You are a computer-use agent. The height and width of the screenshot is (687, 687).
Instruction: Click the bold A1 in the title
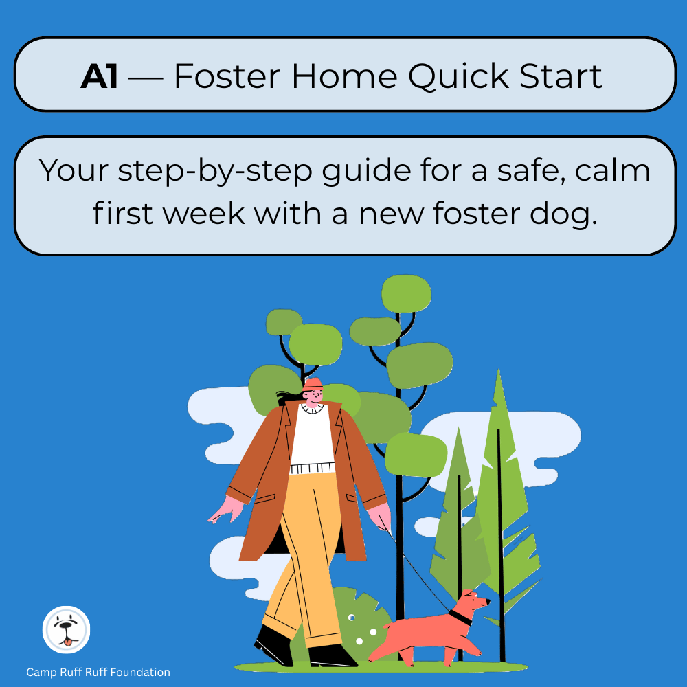coord(100,76)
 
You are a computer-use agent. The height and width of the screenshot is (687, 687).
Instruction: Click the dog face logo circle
coord(66,631)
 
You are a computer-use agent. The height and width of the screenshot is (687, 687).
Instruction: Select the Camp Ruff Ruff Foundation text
coord(98,673)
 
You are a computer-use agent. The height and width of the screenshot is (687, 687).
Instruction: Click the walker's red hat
coord(313,383)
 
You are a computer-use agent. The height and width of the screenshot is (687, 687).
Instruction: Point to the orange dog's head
coord(475,602)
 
